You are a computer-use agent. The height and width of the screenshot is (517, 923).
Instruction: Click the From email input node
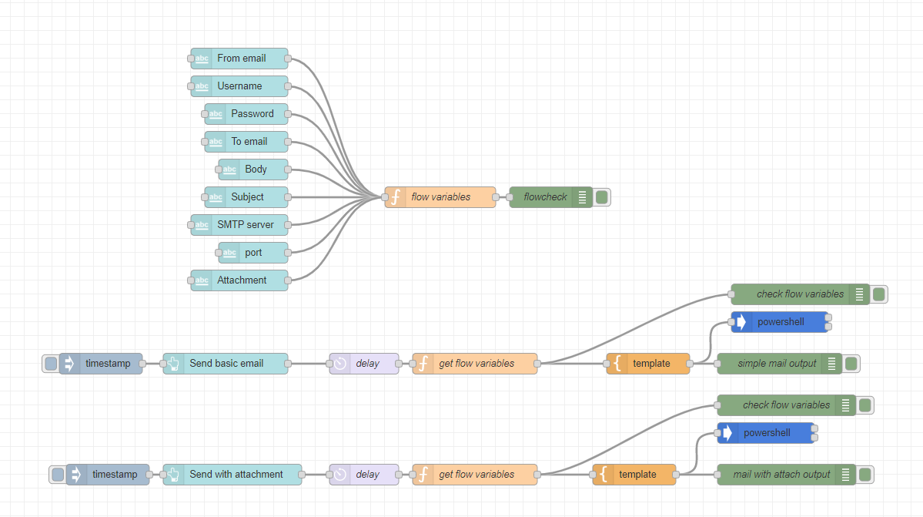[240, 59]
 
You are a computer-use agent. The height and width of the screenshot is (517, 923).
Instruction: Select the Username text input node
[240, 86]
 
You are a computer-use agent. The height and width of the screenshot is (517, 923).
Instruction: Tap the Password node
[247, 114]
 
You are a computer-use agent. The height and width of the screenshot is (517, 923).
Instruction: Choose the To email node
[247, 142]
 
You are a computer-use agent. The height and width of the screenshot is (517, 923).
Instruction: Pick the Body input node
[254, 170]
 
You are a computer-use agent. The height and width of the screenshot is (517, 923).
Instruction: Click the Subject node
[247, 197]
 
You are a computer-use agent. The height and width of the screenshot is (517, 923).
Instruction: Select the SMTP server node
[240, 225]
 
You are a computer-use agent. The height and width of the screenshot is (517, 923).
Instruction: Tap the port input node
[254, 253]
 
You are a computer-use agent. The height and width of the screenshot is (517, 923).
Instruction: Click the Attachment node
[240, 280]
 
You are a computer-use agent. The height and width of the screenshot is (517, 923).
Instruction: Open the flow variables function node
[440, 197]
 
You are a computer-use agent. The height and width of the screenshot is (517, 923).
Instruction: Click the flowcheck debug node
[545, 197]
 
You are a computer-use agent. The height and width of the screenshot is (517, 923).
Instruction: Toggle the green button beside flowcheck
[602, 197]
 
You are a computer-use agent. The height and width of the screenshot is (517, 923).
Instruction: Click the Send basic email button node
[226, 364]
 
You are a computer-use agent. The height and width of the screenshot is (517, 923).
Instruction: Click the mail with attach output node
[781, 475]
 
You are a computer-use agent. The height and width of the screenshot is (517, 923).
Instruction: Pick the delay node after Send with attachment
[364, 475]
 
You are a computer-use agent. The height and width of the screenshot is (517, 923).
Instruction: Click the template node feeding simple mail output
[648, 364]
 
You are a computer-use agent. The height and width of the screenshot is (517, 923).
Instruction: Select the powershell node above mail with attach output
[766, 433]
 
